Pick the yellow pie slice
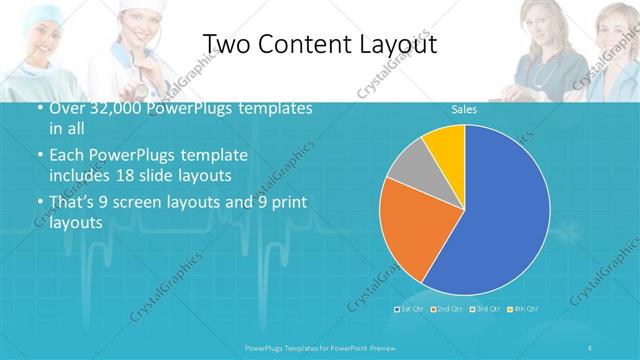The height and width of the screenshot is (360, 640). [x=446, y=144]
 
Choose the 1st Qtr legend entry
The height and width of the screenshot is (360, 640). [x=411, y=308]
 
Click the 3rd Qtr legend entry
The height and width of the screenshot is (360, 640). [x=485, y=308]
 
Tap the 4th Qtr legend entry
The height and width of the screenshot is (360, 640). [x=524, y=308]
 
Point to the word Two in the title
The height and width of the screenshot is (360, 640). [x=228, y=45]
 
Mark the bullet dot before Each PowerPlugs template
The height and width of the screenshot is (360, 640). [x=39, y=157]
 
